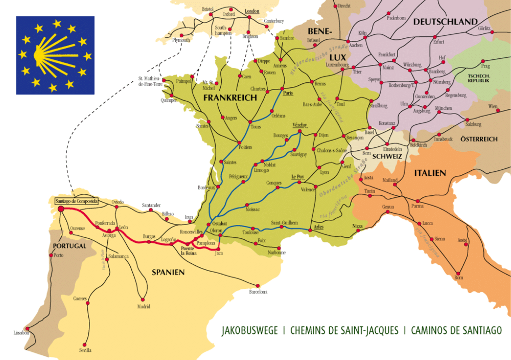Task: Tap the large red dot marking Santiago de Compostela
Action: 60,209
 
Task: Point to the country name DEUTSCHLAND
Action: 445,21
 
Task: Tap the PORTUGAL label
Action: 69,246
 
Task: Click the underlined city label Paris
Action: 288,94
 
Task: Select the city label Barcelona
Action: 258,292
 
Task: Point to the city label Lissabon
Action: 21,333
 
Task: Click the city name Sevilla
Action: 85,350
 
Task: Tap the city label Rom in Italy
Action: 458,278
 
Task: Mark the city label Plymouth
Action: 181,40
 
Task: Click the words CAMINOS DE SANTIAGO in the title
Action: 456,330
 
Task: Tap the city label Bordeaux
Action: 207,188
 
